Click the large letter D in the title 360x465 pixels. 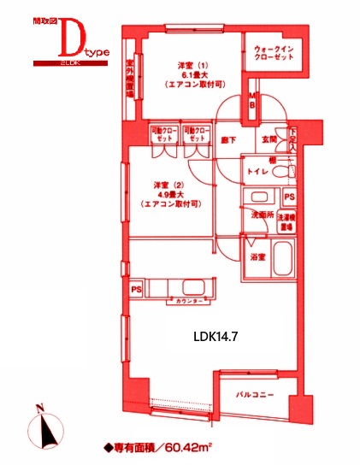click(74, 38)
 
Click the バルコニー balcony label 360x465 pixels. click(254, 394)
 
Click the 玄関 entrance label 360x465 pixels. click(269, 138)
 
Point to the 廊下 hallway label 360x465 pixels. click(228, 139)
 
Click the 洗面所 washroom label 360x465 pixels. click(261, 215)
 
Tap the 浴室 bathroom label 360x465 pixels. click(257, 256)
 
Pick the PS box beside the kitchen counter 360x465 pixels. click(136, 289)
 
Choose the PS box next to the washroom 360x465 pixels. click(289, 197)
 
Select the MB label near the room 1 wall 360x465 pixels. click(253, 100)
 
